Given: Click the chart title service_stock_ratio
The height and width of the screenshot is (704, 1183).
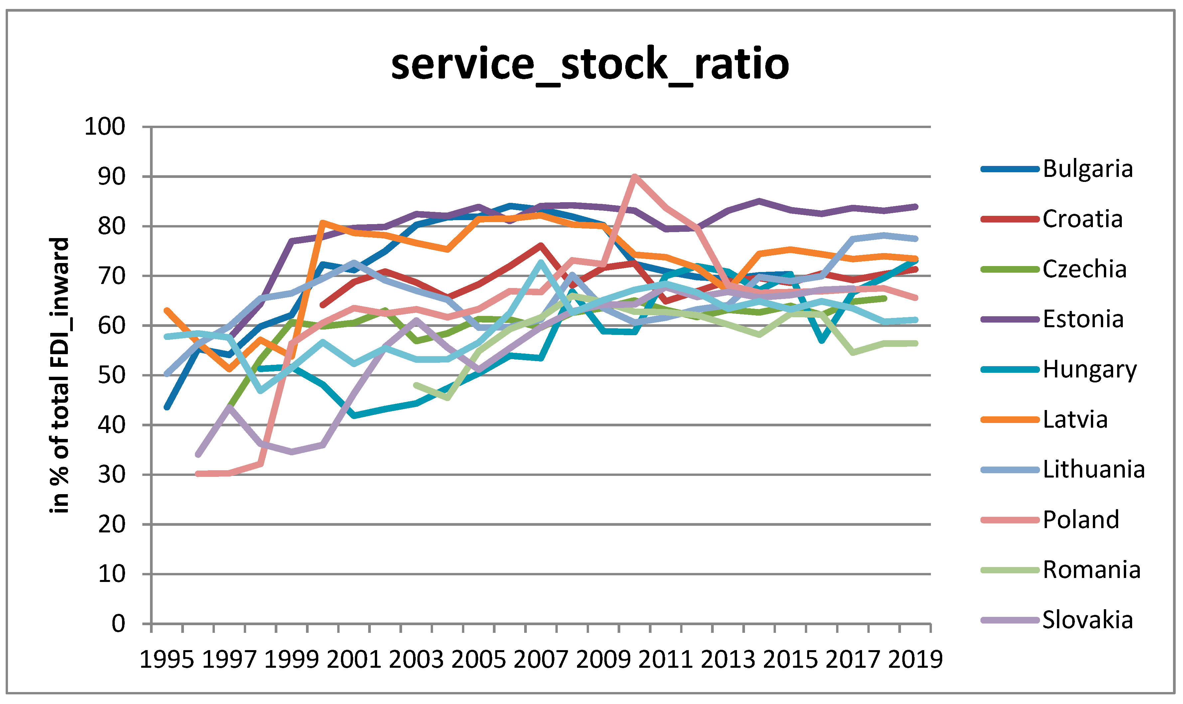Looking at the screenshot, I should coord(590,64).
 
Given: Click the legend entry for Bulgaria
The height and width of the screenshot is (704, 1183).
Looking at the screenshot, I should coord(1088,169).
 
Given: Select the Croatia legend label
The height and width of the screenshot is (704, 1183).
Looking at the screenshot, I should coord(1083,219).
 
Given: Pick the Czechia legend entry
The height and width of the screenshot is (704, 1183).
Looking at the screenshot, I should coord(1084,269).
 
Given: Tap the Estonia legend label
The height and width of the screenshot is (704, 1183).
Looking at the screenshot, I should coord(1083,319).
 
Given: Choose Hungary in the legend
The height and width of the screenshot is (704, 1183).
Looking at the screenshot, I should coord(1090,369).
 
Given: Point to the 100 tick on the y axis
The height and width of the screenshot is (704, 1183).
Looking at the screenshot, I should coord(104,127).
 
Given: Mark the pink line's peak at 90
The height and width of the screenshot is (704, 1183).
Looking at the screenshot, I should coord(635,177).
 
